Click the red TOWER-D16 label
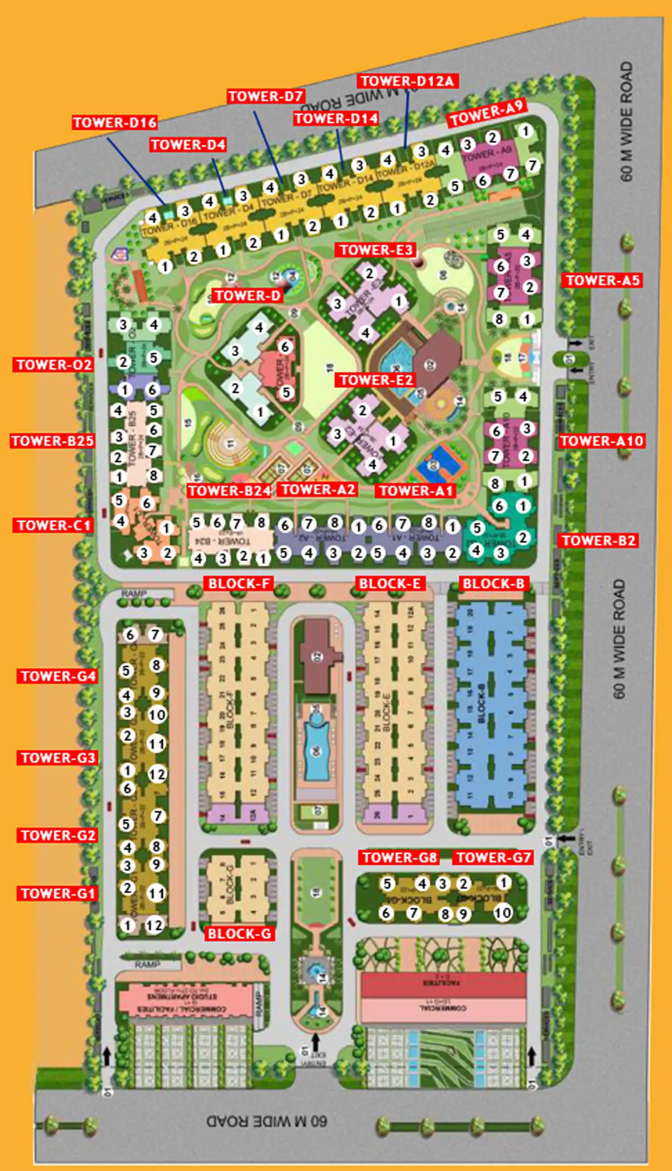(114, 122)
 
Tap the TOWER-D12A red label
(407, 81)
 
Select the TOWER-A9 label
(487, 113)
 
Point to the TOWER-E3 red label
(376, 250)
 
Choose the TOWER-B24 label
(229, 491)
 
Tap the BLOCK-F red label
(239, 583)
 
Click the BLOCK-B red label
(493, 583)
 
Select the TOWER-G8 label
(399, 858)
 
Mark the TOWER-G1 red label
(58, 893)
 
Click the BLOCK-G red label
(239, 934)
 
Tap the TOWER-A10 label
(601, 441)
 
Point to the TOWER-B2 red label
(598, 540)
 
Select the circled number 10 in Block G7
(503, 913)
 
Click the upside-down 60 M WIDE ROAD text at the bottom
(266, 1121)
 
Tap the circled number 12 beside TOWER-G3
(157, 774)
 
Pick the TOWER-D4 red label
(188, 144)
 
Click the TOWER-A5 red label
(602, 280)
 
